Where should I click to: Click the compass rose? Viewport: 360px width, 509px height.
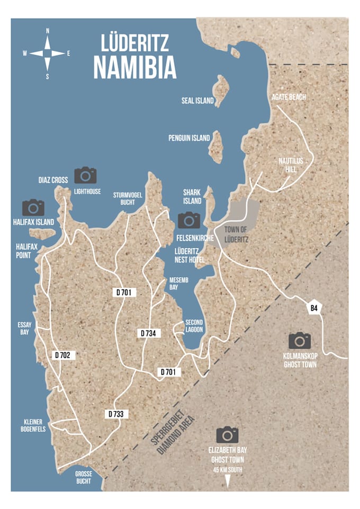[48, 53]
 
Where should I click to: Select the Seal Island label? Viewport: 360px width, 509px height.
[198, 101]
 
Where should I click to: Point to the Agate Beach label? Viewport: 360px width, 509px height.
[289, 97]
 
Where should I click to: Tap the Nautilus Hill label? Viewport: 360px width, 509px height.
[290, 165]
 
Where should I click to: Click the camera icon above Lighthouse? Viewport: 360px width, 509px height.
[85, 175]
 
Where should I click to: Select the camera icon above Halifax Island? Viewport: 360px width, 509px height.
[33, 207]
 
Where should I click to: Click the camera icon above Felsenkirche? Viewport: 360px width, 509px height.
[189, 220]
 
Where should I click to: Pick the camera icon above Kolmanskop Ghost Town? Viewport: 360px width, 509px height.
[300, 341]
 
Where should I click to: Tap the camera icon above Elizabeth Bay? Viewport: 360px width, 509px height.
[227, 435]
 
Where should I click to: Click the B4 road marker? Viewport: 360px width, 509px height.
[314, 308]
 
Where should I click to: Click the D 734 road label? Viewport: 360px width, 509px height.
[149, 333]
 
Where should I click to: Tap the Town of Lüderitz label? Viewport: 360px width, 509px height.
[236, 234]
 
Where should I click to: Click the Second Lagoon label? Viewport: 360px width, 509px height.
[194, 326]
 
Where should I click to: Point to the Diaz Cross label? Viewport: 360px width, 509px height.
[53, 180]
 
